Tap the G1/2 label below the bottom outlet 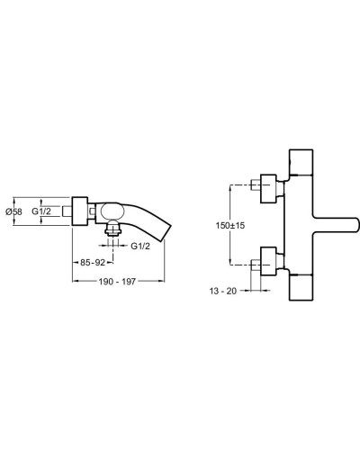click(139, 245)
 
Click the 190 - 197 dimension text click(116, 282)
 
